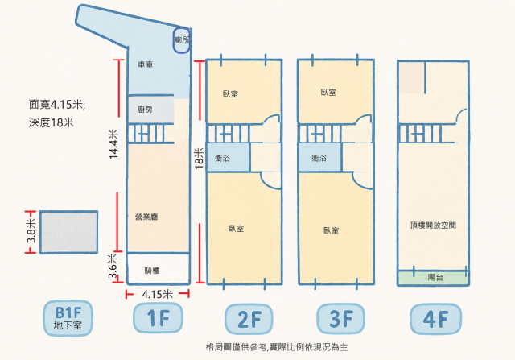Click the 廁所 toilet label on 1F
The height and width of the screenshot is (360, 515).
(182, 39)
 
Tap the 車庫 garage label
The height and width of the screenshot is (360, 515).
(145, 64)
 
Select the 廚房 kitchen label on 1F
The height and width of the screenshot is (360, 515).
(145, 110)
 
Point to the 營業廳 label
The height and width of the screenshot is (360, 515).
(146, 217)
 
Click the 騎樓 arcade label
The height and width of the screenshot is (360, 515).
(152, 271)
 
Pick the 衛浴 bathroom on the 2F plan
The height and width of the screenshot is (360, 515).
(222, 159)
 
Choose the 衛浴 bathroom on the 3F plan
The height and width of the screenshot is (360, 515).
(319, 159)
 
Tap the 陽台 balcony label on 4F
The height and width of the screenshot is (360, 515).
(435, 277)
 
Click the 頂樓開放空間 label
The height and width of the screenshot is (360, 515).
(433, 226)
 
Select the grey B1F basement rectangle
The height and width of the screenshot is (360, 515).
(69, 232)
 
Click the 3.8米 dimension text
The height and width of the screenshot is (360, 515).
(32, 231)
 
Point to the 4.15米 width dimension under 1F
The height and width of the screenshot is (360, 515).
(158, 294)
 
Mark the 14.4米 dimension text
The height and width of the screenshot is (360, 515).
(113, 144)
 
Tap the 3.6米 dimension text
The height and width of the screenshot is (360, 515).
(113, 266)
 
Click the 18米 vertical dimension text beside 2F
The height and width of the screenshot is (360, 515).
(200, 159)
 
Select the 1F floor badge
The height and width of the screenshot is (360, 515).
(158, 318)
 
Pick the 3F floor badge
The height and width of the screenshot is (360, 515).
(341, 319)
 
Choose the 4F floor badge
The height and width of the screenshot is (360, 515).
(436, 319)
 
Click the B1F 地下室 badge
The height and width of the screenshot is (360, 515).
(68, 318)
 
